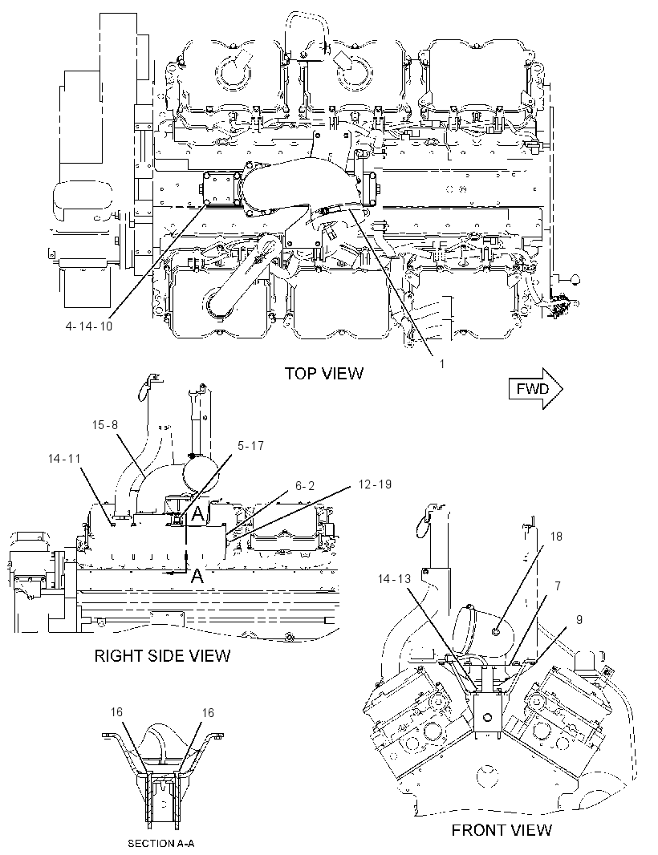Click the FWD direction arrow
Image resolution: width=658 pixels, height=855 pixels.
[x=536, y=388]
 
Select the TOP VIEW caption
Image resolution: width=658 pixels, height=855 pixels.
[x=324, y=374]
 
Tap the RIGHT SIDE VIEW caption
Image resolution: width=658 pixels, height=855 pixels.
[x=163, y=654]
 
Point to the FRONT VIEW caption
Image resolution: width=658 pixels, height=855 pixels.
[x=502, y=830]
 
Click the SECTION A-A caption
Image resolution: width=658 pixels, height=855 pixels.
[x=161, y=844]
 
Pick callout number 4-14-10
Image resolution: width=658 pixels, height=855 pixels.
[x=89, y=326]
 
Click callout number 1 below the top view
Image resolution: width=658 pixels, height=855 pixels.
[x=442, y=363]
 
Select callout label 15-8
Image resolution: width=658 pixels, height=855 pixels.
[x=105, y=424]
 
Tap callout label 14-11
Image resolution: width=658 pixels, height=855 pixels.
[x=64, y=459]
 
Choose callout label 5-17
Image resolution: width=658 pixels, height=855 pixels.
[x=250, y=445]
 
